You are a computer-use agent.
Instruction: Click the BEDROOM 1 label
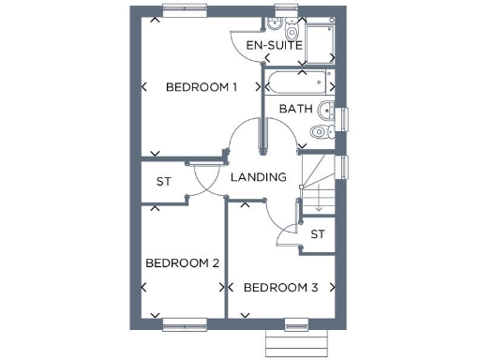(x=201, y=87)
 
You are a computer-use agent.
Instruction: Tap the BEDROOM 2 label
(x=182, y=263)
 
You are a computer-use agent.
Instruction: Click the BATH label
(x=295, y=109)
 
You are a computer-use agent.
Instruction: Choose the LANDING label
(x=258, y=176)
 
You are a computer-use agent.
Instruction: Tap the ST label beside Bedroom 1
(x=164, y=181)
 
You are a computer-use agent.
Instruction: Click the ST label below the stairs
(x=318, y=233)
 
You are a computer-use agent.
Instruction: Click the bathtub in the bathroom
(x=300, y=82)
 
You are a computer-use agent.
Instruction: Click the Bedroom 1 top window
(x=185, y=10)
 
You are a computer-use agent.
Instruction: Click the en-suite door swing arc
(x=242, y=47)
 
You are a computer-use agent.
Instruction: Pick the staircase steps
(x=318, y=183)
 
